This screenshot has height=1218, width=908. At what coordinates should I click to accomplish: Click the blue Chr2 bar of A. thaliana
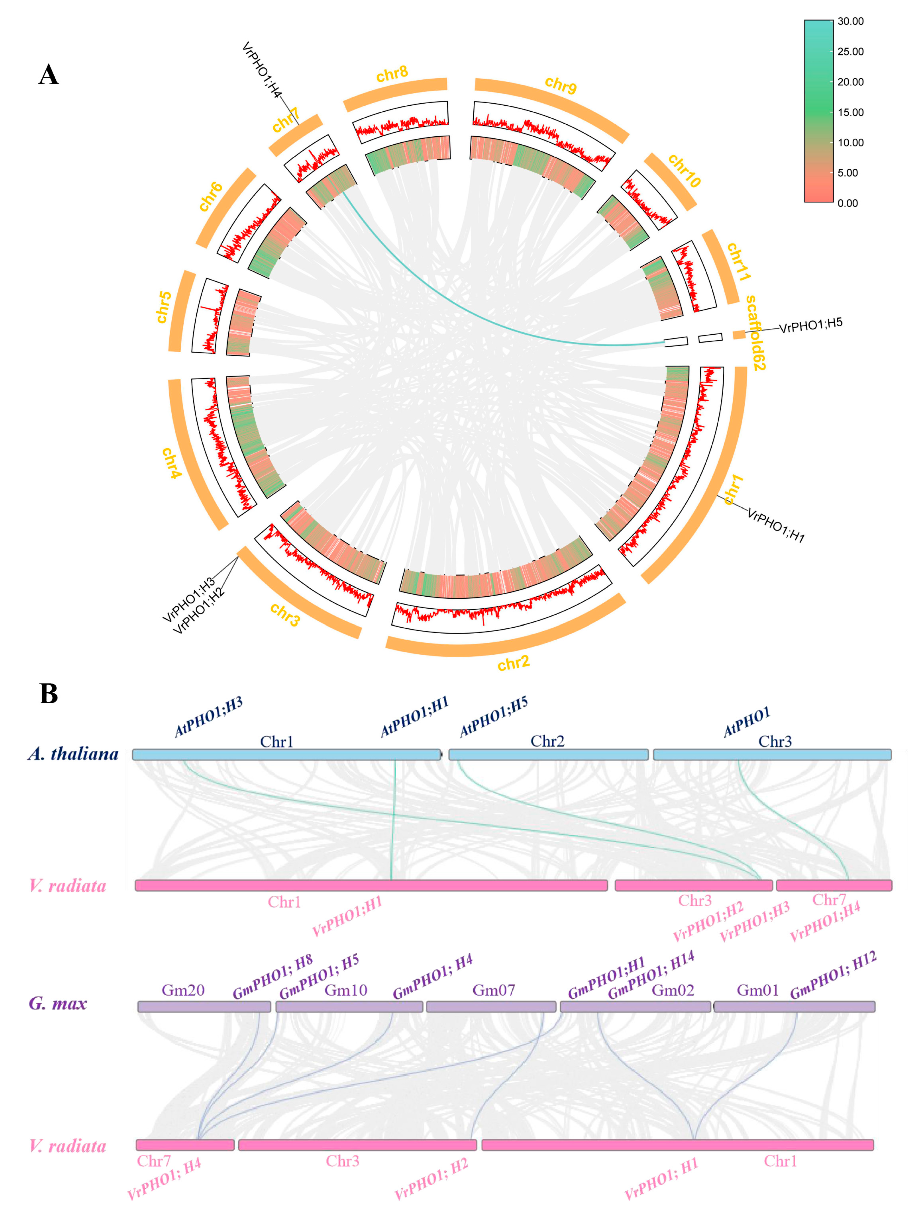click(548, 754)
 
